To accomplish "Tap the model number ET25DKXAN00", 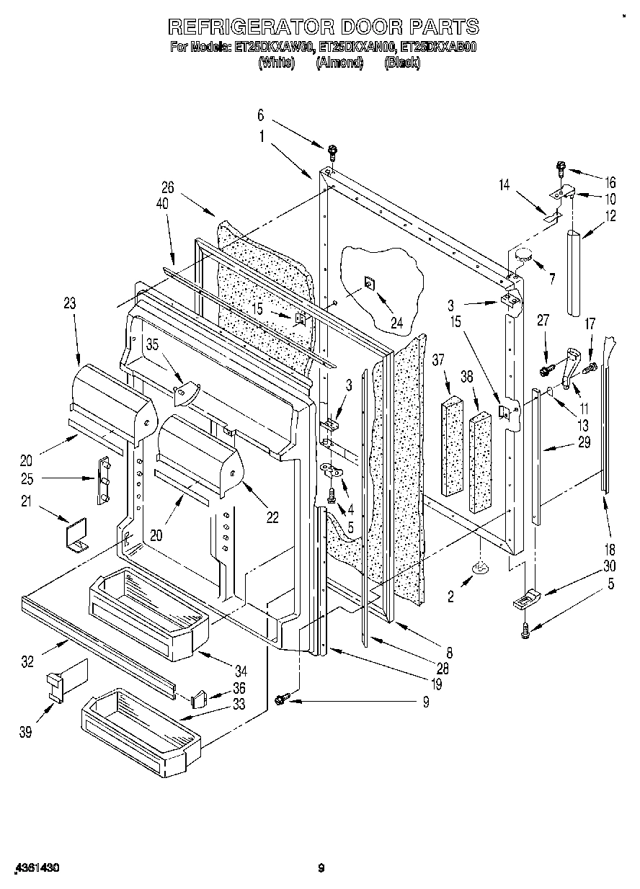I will [358, 48].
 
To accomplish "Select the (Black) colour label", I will [402, 63].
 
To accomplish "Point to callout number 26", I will [167, 187].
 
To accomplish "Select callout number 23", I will [69, 303].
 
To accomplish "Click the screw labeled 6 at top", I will [332, 151].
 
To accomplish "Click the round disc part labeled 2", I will [479, 571].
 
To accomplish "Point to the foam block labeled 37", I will [452, 447].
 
